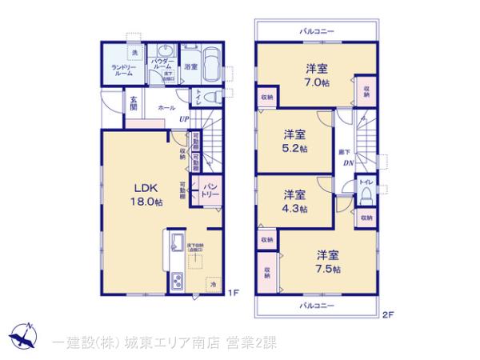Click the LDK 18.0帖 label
[x=147, y=194]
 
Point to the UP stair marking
[x=184, y=120]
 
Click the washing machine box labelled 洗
[x=134, y=52]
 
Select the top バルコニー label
[x=317, y=30]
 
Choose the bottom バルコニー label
[x=317, y=306]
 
